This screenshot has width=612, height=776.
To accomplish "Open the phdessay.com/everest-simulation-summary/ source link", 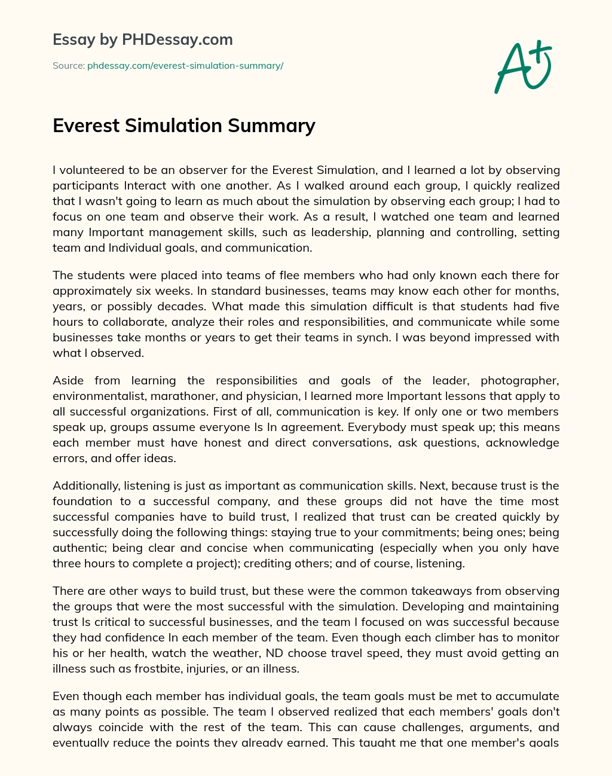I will pyautogui.click(x=185, y=66).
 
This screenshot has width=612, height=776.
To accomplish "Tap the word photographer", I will pyautogui.click(x=519, y=380).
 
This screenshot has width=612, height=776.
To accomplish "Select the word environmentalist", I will pyautogui.click(x=100, y=396).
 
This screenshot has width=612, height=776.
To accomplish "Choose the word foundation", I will pyautogui.click(x=82, y=501).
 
